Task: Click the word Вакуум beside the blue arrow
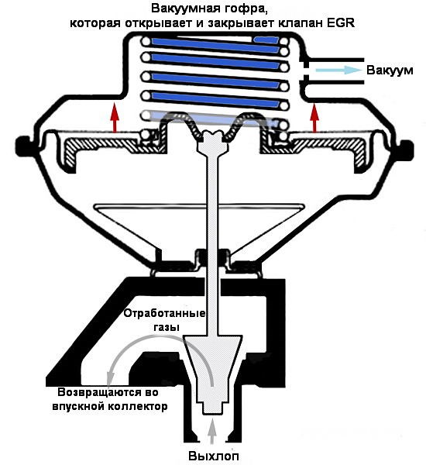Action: tap(390, 71)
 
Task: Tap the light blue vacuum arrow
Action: tap(338, 71)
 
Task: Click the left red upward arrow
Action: tap(115, 117)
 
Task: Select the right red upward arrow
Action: tap(314, 117)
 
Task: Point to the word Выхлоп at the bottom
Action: tap(214, 456)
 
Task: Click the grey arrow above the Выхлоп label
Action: tap(211, 432)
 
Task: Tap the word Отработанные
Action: tap(164, 313)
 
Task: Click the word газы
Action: tap(167, 328)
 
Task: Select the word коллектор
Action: tap(137, 406)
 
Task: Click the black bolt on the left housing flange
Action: tap(23, 146)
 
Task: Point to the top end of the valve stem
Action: tap(213, 132)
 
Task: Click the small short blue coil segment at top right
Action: tap(266, 40)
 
